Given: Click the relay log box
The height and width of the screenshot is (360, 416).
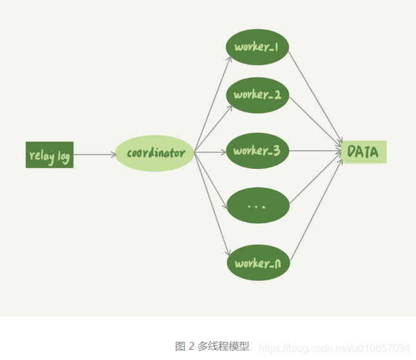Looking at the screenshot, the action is (x=50, y=155).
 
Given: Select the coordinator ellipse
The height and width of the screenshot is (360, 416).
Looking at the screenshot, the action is (x=155, y=154).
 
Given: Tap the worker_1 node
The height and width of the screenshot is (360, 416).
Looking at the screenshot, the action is (x=257, y=47).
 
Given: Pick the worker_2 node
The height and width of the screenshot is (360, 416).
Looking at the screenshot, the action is (x=257, y=95).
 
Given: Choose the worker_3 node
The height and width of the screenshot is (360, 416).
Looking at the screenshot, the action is (x=257, y=151).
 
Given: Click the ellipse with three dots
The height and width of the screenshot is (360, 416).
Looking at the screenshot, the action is (x=257, y=206).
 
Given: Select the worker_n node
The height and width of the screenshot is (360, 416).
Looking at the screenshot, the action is (x=257, y=263).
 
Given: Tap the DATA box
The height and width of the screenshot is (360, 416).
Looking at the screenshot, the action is (x=364, y=152).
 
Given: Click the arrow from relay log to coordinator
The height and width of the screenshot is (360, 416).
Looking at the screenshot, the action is (x=94, y=155).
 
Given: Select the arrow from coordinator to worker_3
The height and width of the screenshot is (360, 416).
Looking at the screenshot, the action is (x=210, y=153).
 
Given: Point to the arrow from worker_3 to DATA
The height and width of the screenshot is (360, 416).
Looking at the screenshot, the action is (x=315, y=152).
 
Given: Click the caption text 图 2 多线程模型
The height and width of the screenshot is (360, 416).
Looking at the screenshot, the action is (x=212, y=346).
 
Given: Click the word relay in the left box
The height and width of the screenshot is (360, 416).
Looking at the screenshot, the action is (x=40, y=155).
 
